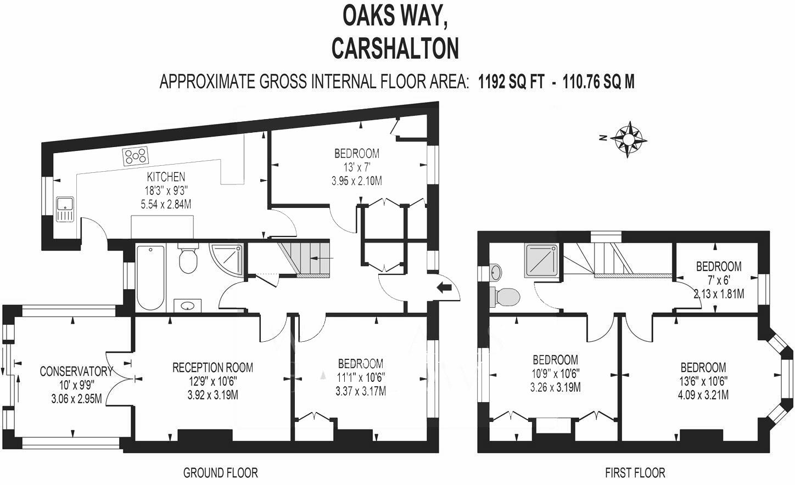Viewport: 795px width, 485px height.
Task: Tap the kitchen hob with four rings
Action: (136, 156)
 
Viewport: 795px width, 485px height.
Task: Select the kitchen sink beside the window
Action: (65, 209)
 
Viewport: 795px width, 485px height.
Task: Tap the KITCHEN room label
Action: (166, 177)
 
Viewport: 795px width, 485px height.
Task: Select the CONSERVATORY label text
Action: (76, 371)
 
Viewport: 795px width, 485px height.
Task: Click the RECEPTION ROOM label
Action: (212, 367)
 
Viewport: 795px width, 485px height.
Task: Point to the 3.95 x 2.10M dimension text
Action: (357, 181)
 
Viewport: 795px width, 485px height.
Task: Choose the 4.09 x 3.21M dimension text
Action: (703, 394)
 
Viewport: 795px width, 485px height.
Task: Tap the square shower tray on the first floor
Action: (543, 261)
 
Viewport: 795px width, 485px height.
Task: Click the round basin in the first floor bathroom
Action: (495, 272)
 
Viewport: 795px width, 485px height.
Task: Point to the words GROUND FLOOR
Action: (220, 472)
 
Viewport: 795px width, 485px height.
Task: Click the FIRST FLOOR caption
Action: (635, 472)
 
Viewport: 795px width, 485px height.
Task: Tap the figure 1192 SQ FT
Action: (511, 82)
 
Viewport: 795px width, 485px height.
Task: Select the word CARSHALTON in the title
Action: (395, 48)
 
